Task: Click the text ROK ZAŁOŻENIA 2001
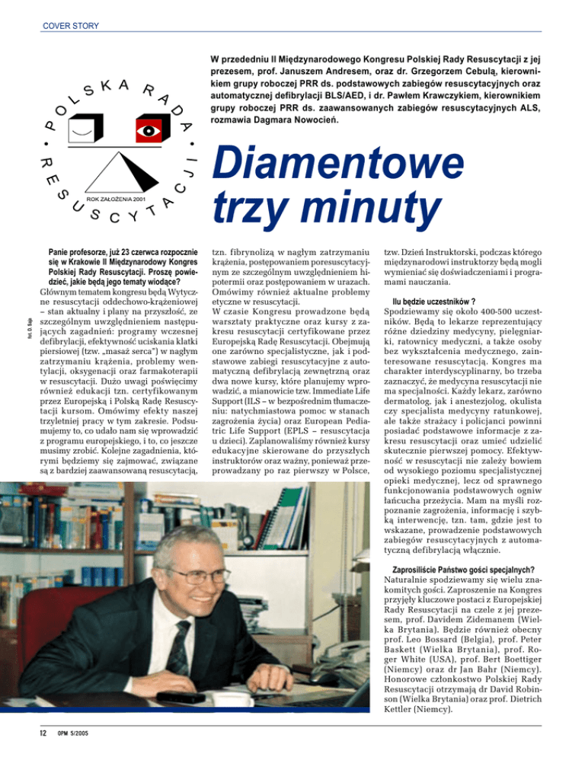coord(113,198)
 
